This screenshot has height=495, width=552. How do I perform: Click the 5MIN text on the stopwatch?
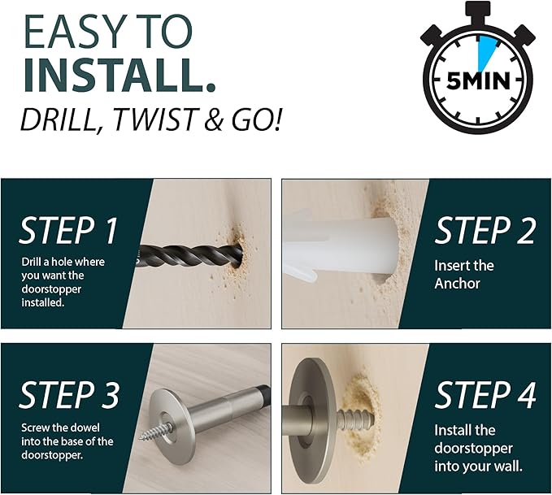477,81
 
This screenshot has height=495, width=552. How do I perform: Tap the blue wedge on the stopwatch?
486,52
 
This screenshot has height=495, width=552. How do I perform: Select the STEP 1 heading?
68,230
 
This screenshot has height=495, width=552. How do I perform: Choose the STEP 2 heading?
485,230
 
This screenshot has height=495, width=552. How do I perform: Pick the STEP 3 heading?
69,395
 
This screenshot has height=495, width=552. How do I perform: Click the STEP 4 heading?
485,395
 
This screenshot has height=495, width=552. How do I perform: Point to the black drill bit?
190,255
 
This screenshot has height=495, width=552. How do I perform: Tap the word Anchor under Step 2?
457,284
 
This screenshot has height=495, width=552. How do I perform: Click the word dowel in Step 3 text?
85,428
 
